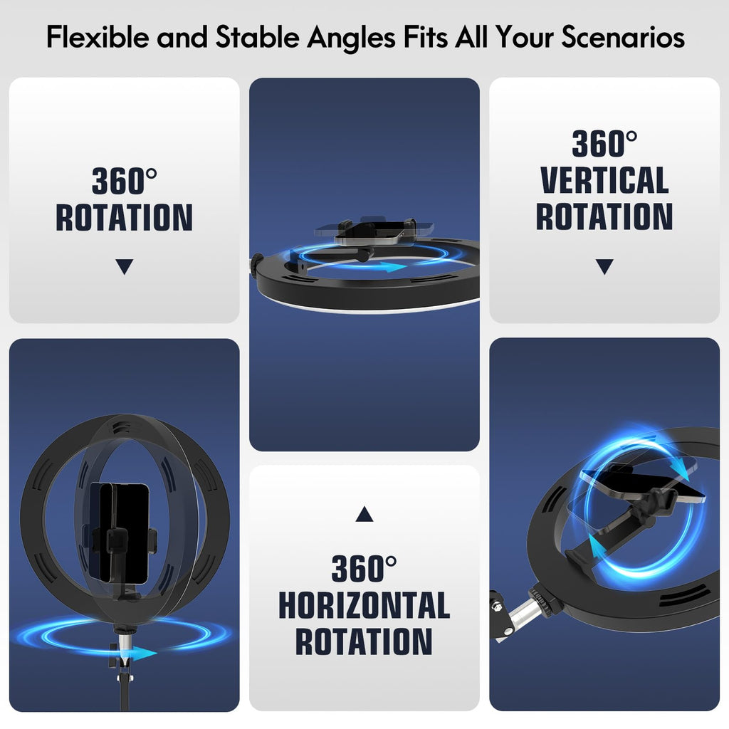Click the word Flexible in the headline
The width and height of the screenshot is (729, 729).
97,36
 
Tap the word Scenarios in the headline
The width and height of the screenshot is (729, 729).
623,36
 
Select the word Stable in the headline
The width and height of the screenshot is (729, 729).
257,36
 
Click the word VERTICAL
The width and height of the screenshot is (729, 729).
604,180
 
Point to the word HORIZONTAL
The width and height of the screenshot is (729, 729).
364,605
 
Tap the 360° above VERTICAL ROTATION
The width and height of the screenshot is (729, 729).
604,143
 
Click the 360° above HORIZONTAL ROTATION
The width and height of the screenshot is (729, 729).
364,568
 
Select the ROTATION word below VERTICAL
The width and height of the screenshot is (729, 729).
604,216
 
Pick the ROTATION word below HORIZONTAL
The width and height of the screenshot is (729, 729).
364,641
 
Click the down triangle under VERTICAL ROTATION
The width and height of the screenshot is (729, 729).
604,266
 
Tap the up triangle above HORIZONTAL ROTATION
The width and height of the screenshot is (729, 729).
364,515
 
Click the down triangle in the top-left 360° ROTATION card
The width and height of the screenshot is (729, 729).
125,266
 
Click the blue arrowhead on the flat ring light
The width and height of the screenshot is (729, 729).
393,267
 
